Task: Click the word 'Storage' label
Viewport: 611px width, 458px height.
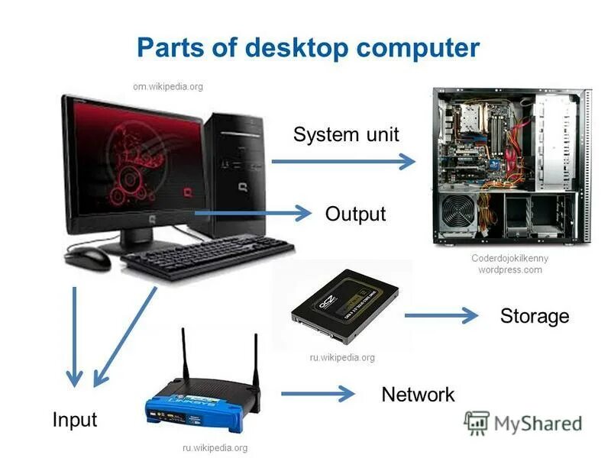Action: (x=535, y=315)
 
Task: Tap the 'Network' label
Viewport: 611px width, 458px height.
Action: (x=418, y=394)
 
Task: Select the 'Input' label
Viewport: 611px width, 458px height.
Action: (x=75, y=419)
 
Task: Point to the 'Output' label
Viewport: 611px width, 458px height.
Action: (x=355, y=214)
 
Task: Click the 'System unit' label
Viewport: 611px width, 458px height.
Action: (x=346, y=135)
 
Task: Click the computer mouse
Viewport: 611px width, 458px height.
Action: (x=88, y=258)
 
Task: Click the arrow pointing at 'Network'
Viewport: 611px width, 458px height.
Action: (x=317, y=393)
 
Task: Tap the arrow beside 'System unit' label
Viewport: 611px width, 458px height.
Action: (x=344, y=161)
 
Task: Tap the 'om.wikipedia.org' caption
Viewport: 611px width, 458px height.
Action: (x=168, y=86)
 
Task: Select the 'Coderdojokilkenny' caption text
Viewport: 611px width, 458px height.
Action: (x=509, y=258)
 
